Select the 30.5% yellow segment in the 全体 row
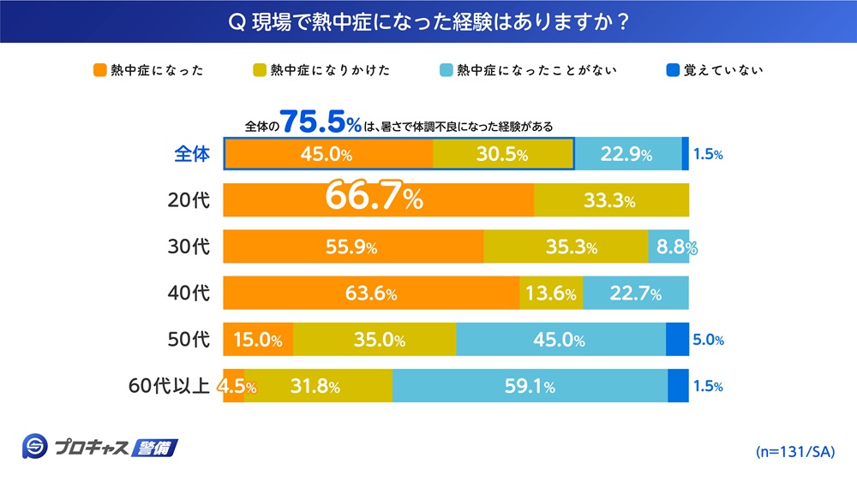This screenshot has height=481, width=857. [x=503, y=155]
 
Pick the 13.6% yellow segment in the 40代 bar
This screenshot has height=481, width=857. [x=551, y=294]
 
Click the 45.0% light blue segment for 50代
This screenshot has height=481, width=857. [x=560, y=340]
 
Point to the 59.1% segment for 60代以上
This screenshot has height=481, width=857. [x=530, y=386]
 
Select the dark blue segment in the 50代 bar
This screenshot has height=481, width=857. [x=677, y=340]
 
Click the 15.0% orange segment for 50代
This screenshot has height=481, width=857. [x=258, y=340]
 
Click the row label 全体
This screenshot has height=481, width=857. [x=191, y=155]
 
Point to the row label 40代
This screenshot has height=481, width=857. [x=189, y=294]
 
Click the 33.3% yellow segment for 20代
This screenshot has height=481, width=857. [x=610, y=201]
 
